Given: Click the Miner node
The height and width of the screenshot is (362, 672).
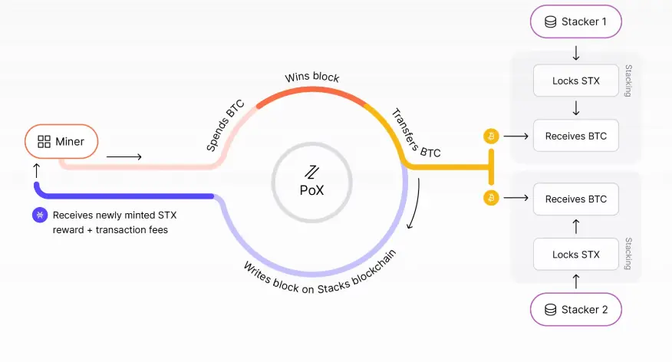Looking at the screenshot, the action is [x=61, y=141].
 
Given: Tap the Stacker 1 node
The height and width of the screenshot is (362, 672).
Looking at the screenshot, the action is [x=575, y=21].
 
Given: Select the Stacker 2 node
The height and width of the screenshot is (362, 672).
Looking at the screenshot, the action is [x=575, y=309].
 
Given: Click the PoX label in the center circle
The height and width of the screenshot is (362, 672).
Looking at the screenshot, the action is [x=312, y=189].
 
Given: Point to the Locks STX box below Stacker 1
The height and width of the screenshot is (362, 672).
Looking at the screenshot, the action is [x=575, y=81].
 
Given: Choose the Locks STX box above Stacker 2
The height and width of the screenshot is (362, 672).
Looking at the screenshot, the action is [x=575, y=255].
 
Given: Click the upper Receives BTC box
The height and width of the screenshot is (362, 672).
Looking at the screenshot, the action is [x=575, y=136].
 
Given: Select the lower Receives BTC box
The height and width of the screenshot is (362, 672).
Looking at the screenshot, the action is [x=575, y=199].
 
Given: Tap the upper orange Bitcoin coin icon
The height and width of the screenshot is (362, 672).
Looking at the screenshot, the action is [x=491, y=137].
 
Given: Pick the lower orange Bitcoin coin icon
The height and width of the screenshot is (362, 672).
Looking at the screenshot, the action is [x=491, y=198].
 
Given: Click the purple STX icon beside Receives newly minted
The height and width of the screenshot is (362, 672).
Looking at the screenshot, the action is [x=40, y=215].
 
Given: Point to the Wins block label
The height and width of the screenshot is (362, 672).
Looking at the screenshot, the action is [x=312, y=77].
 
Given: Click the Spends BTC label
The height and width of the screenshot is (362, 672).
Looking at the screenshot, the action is [x=225, y=126].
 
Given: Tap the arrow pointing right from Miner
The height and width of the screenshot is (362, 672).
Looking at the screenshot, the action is [x=124, y=156].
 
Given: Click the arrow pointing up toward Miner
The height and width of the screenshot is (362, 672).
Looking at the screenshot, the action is [x=37, y=170].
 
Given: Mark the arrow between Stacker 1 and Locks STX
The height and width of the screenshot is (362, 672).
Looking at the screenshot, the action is [x=576, y=53].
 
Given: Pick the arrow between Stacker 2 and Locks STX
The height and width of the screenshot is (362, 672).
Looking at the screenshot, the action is [x=576, y=281].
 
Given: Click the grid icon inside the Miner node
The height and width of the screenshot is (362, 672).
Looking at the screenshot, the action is [x=44, y=141].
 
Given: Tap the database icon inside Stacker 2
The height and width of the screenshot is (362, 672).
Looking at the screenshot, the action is [x=550, y=309].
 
